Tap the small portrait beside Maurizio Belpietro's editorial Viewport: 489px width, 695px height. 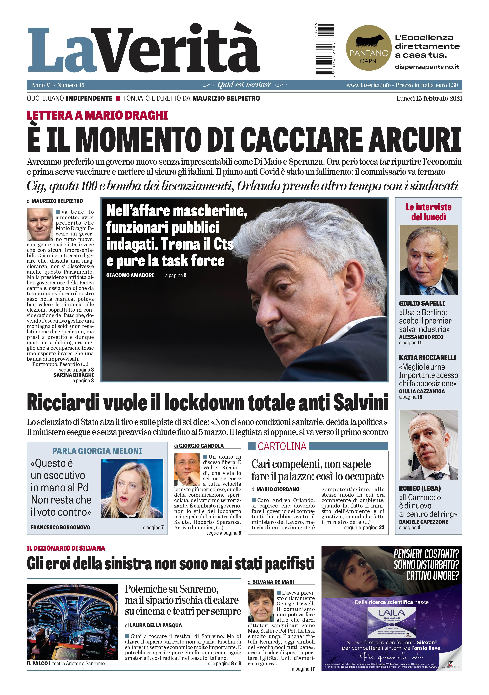40,224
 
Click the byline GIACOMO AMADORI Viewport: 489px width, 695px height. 130,275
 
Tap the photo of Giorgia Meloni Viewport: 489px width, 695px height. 132,489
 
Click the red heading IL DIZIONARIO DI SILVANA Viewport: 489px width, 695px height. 66,548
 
